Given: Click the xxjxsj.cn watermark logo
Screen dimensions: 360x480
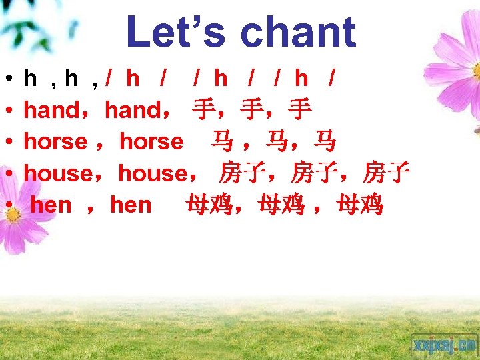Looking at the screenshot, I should pyautogui.click(x=444, y=345).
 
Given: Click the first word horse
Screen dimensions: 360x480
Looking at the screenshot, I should pyautogui.click(x=55, y=141).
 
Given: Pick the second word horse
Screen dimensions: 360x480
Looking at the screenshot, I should pyautogui.click(x=151, y=141).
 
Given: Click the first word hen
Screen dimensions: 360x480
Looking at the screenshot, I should pyautogui.click(x=51, y=205).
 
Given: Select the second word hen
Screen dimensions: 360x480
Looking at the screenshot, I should pyautogui.click(x=131, y=205).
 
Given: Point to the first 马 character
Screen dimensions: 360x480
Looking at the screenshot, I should pyautogui.click(x=222, y=142).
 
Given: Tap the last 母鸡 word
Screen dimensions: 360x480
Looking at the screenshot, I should pyautogui.click(x=360, y=205).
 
